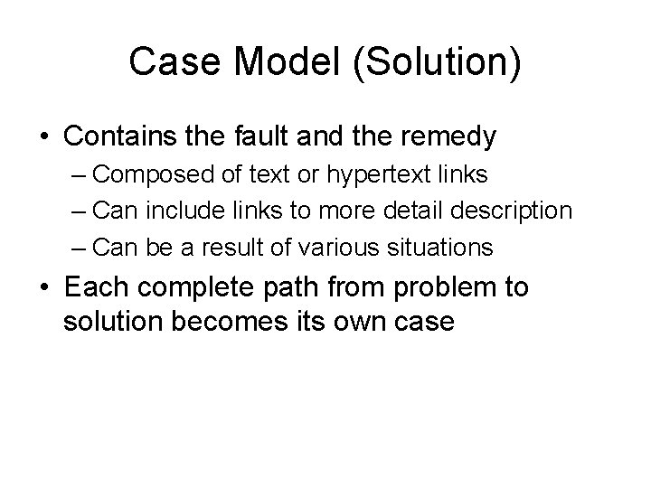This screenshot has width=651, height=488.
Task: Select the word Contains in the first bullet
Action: pos(123,136)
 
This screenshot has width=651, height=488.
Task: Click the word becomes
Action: pos(229,322)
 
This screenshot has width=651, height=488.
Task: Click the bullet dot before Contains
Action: pos(44,138)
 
